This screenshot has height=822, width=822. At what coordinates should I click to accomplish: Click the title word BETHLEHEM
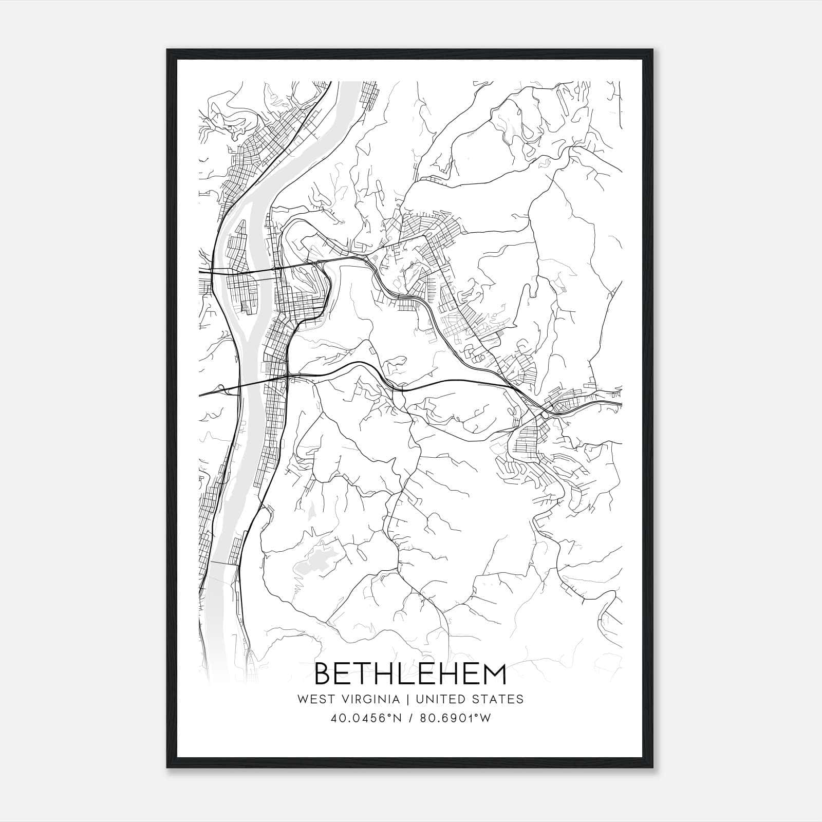coord(410,674)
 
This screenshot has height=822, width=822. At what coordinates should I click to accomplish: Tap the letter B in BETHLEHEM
coord(324,674)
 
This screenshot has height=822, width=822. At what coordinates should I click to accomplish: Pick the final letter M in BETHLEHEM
coord(493,674)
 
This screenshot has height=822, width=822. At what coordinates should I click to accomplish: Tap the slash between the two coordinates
coord(410,719)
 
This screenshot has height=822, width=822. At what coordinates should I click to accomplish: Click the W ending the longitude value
coord(485,719)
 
